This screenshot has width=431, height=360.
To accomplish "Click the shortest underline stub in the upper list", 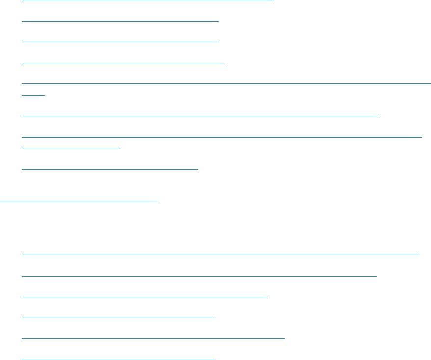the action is [x=33, y=95].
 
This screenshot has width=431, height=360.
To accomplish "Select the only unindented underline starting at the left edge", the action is [x=79, y=201].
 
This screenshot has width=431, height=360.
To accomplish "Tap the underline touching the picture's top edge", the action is [x=147, y=0].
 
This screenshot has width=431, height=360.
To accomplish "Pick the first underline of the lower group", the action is [x=221, y=254].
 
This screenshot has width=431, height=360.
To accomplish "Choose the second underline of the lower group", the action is [x=199, y=276].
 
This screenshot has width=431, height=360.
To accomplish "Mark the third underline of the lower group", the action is [x=145, y=297].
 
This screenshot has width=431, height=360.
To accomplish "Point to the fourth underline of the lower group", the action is [x=118, y=318].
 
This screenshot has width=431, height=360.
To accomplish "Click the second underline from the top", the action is [x=120, y=21].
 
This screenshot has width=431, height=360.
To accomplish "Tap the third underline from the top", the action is [x=120, y=42].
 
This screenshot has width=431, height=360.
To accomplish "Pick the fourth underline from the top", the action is [x=123, y=63].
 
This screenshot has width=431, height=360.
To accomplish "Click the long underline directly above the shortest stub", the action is [x=226, y=83].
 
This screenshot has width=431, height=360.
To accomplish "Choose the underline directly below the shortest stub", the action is [x=200, y=115].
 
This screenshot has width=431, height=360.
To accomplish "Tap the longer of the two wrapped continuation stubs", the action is [x=71, y=148].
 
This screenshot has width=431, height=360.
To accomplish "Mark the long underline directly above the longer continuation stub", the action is [x=222, y=137].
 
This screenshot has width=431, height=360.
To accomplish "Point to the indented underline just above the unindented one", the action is [x=110, y=168].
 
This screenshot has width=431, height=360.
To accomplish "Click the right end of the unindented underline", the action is [x=157, y=201].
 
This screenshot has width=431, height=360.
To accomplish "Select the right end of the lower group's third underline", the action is [x=267, y=297].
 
